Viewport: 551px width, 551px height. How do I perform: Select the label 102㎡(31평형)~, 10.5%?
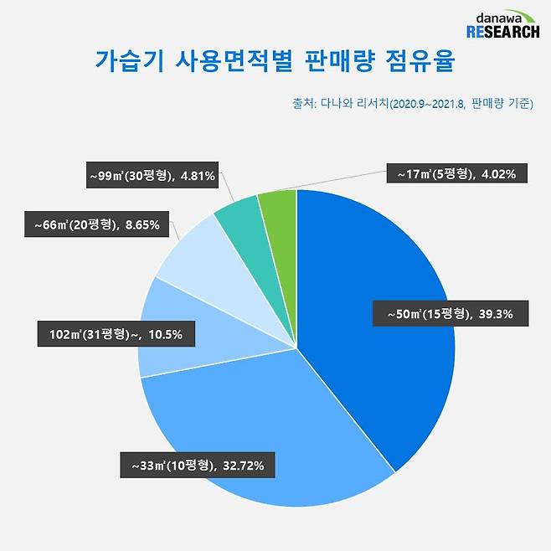click(x=116, y=336)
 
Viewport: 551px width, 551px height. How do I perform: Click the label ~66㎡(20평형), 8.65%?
click(x=102, y=224)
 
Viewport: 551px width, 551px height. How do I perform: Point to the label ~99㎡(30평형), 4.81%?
click(x=153, y=176)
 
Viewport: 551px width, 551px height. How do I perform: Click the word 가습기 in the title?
click(x=122, y=62)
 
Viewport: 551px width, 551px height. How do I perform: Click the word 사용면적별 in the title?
click(x=224, y=62)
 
